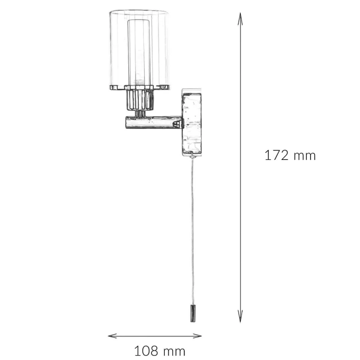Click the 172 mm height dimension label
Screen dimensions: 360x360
coord(290,155)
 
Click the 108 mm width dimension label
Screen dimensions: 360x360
coord(159,350)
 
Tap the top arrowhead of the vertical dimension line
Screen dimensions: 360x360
coord(240,16)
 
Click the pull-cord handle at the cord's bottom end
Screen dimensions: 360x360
coord(192,314)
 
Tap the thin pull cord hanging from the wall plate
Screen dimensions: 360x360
coord(192,230)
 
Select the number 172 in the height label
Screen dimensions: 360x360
coord(276,155)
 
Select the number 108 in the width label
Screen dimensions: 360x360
coord(146,350)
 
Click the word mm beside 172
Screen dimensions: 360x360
coord(304,156)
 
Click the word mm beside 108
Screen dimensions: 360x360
coord(174,351)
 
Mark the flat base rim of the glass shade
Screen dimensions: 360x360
coord(139,87)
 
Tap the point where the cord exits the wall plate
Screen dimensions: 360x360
coord(192,157)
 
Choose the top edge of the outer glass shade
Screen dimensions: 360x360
coord(139,12)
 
